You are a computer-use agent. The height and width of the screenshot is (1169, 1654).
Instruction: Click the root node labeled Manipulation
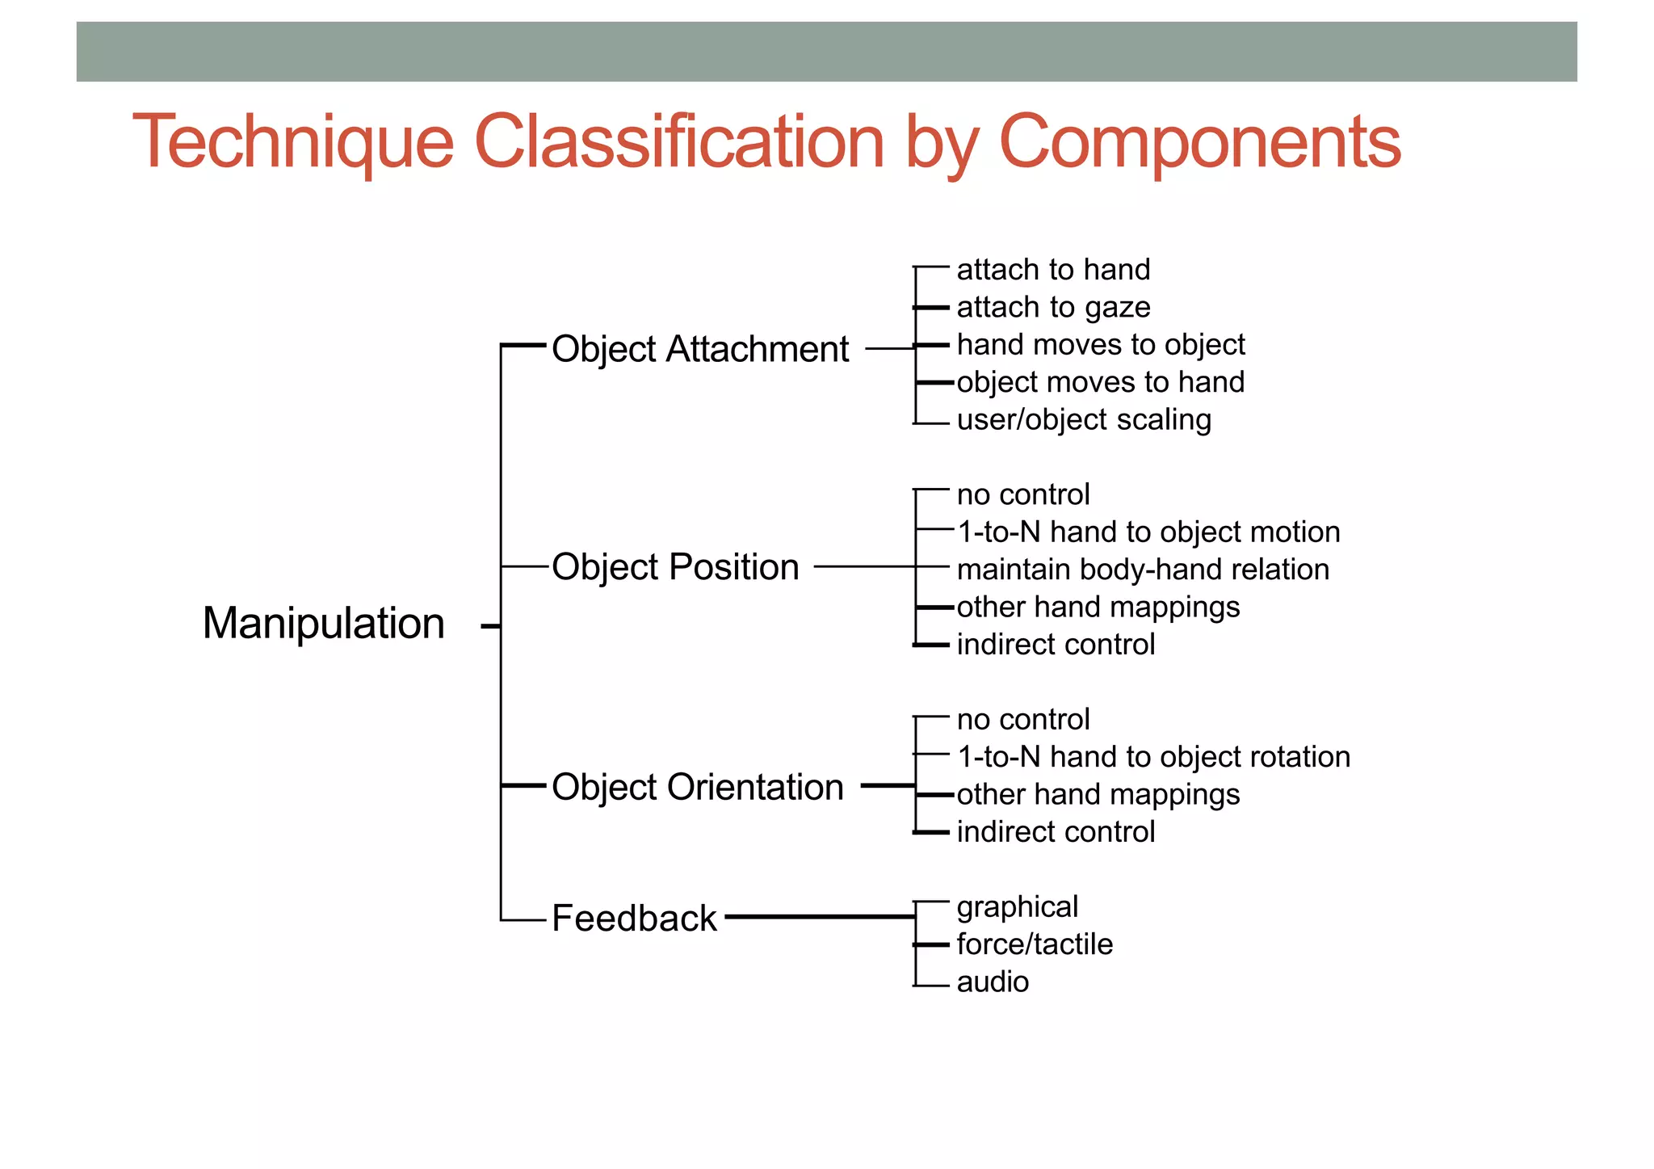tap(323, 624)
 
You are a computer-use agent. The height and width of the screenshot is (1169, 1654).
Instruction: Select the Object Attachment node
tap(699, 349)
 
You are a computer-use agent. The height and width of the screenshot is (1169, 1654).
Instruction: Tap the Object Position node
tap(675, 566)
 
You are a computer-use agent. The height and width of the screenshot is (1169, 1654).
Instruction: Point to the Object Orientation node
tap(698, 787)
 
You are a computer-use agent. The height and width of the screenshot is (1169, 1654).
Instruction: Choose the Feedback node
tap(634, 918)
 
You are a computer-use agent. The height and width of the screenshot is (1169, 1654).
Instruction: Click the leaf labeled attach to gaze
tap(1053, 308)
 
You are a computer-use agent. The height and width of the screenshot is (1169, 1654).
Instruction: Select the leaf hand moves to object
tap(1101, 345)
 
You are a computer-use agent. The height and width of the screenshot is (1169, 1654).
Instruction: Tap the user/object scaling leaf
tap(1084, 420)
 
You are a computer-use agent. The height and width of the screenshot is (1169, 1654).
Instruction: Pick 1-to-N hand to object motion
tap(1148, 532)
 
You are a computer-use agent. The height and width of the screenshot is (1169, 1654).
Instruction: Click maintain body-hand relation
tap(1143, 570)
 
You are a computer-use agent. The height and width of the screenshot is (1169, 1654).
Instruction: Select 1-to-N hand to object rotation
tap(1153, 757)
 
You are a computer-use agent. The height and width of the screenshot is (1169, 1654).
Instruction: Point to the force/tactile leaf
tap(1035, 944)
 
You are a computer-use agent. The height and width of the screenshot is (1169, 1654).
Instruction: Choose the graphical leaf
tap(1017, 907)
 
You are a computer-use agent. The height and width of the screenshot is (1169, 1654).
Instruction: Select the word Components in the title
tap(1199, 142)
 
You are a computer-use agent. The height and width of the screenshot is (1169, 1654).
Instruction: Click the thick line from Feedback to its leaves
tap(820, 917)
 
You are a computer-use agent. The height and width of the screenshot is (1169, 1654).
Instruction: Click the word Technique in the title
tap(293, 142)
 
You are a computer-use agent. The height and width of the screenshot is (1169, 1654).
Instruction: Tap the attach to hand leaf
tap(1053, 270)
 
